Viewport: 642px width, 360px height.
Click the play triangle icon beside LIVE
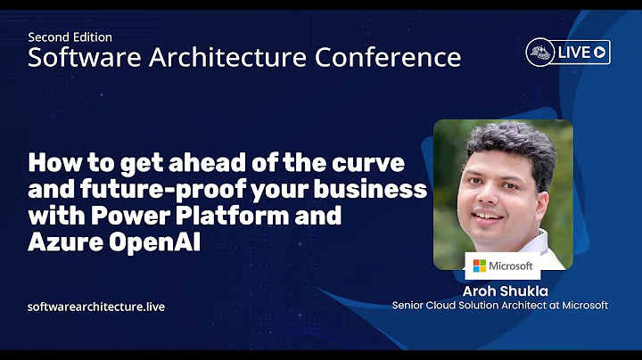tap(600, 52)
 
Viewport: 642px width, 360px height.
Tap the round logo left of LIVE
tap(540, 52)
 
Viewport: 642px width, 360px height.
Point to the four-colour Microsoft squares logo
tap(480, 266)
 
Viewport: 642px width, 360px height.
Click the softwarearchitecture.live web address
tap(96, 307)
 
